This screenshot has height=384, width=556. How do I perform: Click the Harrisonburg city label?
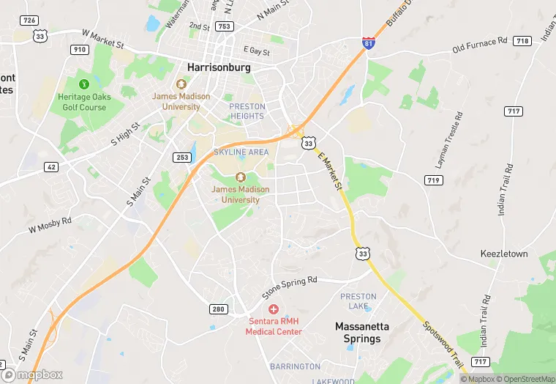pyautogui.click(x=219, y=67)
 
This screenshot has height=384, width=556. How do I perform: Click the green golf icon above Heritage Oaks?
pyautogui.click(x=83, y=84)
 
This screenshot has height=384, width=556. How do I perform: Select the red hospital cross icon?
pyautogui.click(x=274, y=309)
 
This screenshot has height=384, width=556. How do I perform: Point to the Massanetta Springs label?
pyautogui.click(x=362, y=332)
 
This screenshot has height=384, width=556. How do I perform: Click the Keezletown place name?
pyautogui.click(x=504, y=254)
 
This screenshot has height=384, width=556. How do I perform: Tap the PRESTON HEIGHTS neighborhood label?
pyautogui.click(x=247, y=111)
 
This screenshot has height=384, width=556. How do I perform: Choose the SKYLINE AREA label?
pyautogui.click(x=241, y=152)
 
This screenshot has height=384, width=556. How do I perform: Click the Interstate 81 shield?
pyautogui.click(x=370, y=44)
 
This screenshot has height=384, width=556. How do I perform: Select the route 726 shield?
pyautogui.click(x=29, y=20)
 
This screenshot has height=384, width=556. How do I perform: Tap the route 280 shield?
pyautogui.click(x=218, y=309)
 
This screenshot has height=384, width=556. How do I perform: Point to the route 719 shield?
pyautogui.click(x=434, y=180)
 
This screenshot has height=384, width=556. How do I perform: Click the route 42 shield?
pyautogui.click(x=50, y=166)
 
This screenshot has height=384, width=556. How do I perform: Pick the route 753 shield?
pyautogui.click(x=224, y=26)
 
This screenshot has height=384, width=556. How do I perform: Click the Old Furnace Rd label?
pyautogui.click(x=479, y=47)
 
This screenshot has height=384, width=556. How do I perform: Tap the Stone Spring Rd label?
pyautogui.click(x=290, y=287)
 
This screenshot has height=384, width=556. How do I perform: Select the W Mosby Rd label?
pyautogui.click(x=50, y=225)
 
